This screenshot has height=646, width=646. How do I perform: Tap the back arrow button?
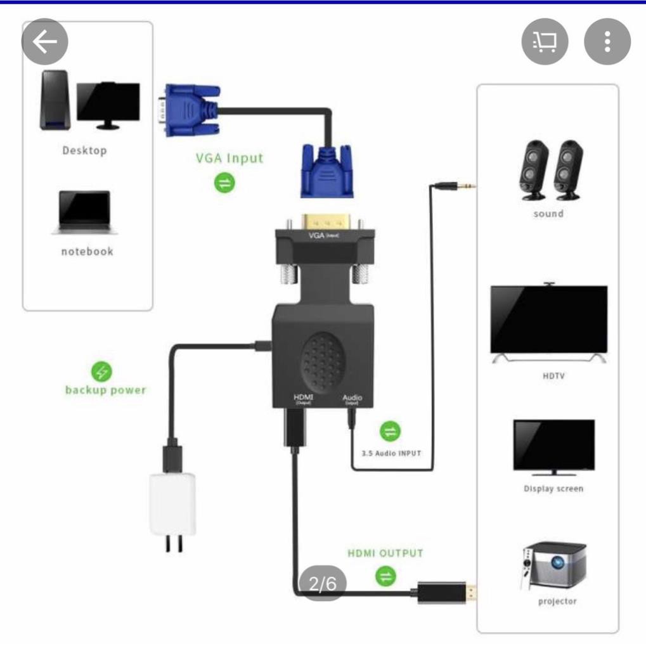point(44,42)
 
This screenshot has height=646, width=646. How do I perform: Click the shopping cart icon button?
point(545,42)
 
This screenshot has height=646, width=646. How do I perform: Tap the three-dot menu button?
point(607,42)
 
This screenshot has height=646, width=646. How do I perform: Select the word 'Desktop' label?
point(84,151)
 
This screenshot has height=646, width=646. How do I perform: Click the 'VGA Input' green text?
point(229,158)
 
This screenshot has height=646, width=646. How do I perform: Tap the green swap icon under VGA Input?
point(225,183)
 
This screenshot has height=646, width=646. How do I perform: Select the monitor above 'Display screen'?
point(553,446)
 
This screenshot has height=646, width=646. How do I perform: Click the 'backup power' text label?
point(105,390)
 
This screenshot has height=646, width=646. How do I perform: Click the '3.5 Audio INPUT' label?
point(391,453)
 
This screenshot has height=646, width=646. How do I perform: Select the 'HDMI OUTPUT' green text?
point(385,553)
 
